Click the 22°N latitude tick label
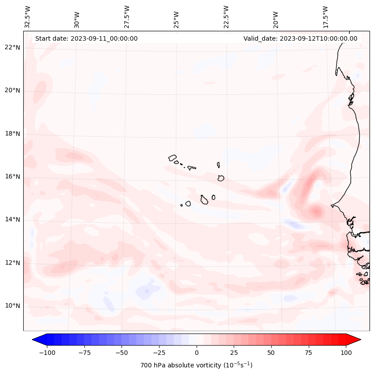pos(13,48)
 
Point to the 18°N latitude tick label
pos(13,134)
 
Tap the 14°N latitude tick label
pos(13,220)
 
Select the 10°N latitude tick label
pos(13,306)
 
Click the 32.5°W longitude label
pos(28,17)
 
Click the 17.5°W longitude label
pos(326,17)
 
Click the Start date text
pos(86,38)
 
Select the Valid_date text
pos(300,38)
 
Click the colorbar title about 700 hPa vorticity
pos(196,365)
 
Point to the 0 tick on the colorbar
pos(197,353)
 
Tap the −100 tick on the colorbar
pos(47,353)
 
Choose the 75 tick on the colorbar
pos(308,353)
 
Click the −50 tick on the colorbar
pos(122,353)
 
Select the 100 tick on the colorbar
pos(346,353)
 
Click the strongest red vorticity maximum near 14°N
pos(317,211)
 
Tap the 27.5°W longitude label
pos(127,17)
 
